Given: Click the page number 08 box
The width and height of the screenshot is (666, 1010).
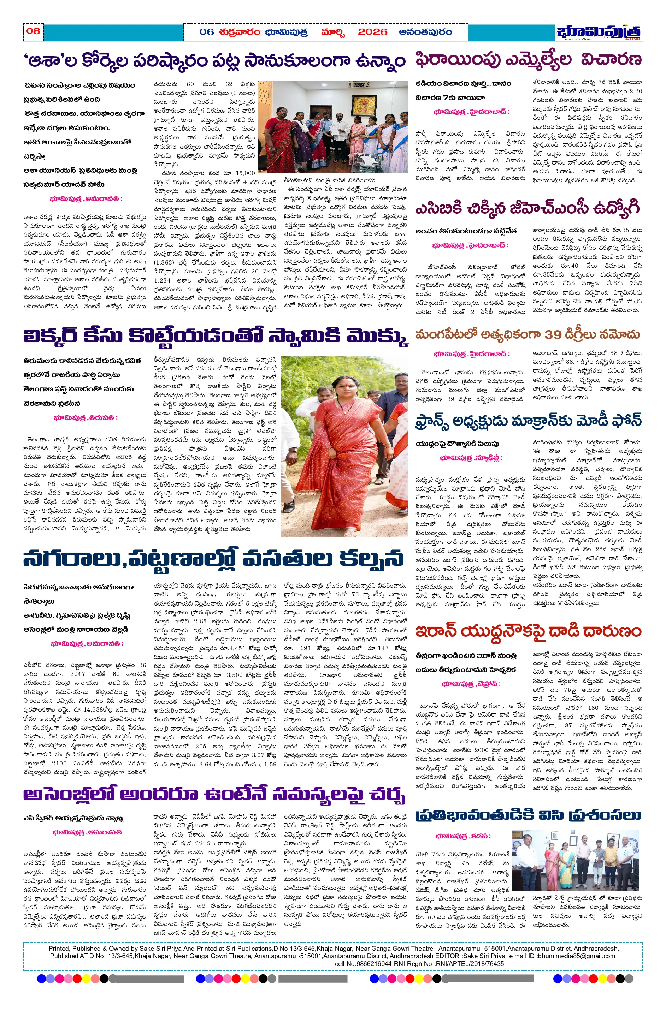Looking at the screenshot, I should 33,31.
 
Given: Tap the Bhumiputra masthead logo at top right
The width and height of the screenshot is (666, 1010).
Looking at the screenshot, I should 599,32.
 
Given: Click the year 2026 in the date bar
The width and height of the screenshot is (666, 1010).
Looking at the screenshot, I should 372,32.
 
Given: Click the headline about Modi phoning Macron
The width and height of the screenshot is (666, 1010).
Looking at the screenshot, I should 528,421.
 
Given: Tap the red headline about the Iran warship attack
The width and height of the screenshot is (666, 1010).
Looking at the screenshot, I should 528,631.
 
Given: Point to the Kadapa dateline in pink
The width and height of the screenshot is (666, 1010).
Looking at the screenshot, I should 463,836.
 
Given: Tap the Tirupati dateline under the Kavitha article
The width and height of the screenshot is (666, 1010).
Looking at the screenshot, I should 86,418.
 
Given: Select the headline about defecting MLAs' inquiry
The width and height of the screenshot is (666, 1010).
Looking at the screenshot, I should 528,59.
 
